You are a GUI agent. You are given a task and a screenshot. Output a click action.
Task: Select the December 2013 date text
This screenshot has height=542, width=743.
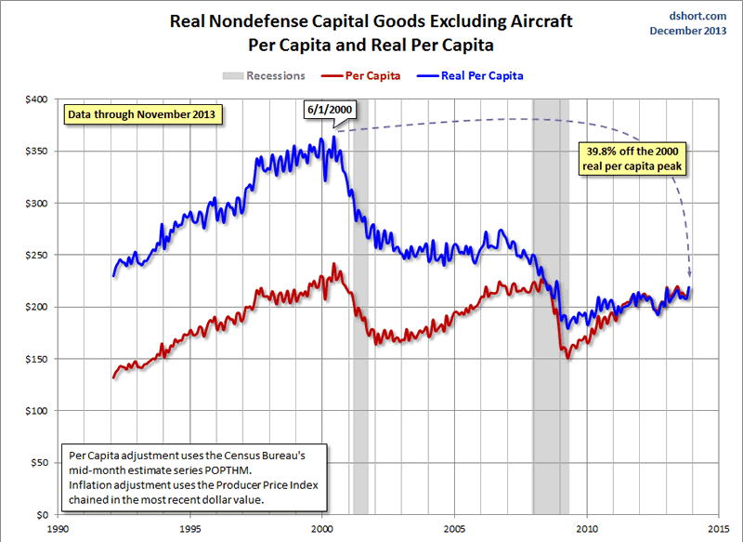(688, 32)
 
